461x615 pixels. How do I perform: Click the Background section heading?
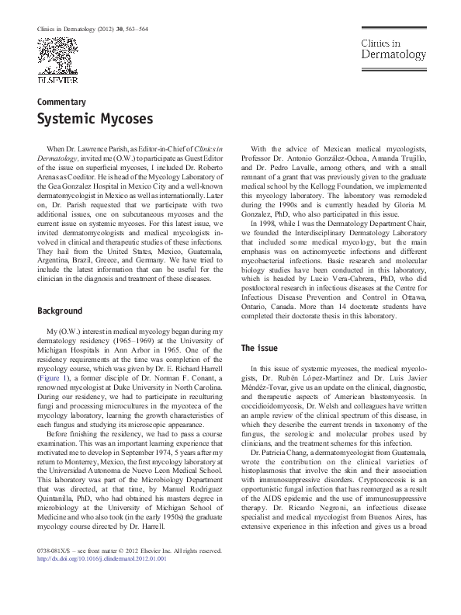[x=61, y=311]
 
